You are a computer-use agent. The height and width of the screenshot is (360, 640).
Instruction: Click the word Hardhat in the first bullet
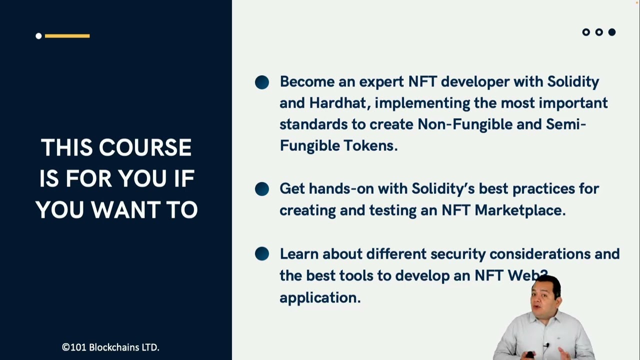(x=339, y=103)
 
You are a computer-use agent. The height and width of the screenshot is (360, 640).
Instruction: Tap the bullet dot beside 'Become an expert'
(x=262, y=82)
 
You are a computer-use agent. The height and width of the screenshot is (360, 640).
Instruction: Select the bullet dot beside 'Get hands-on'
(x=262, y=189)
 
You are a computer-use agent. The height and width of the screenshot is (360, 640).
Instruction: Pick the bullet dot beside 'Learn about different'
(x=262, y=254)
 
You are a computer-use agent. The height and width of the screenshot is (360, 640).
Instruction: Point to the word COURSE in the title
(x=145, y=148)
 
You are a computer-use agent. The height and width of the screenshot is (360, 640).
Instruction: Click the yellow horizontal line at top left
(x=67, y=35)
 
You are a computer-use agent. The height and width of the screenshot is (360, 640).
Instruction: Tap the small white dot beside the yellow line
(x=38, y=35)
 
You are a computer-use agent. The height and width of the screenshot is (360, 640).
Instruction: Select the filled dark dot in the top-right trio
(x=612, y=32)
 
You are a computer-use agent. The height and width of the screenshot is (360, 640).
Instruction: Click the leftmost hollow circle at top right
(x=586, y=32)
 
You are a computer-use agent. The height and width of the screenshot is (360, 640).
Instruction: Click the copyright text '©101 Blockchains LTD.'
(x=110, y=347)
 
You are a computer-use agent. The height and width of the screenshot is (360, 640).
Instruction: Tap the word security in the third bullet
(x=457, y=254)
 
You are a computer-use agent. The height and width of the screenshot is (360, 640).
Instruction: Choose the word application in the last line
(x=319, y=297)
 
